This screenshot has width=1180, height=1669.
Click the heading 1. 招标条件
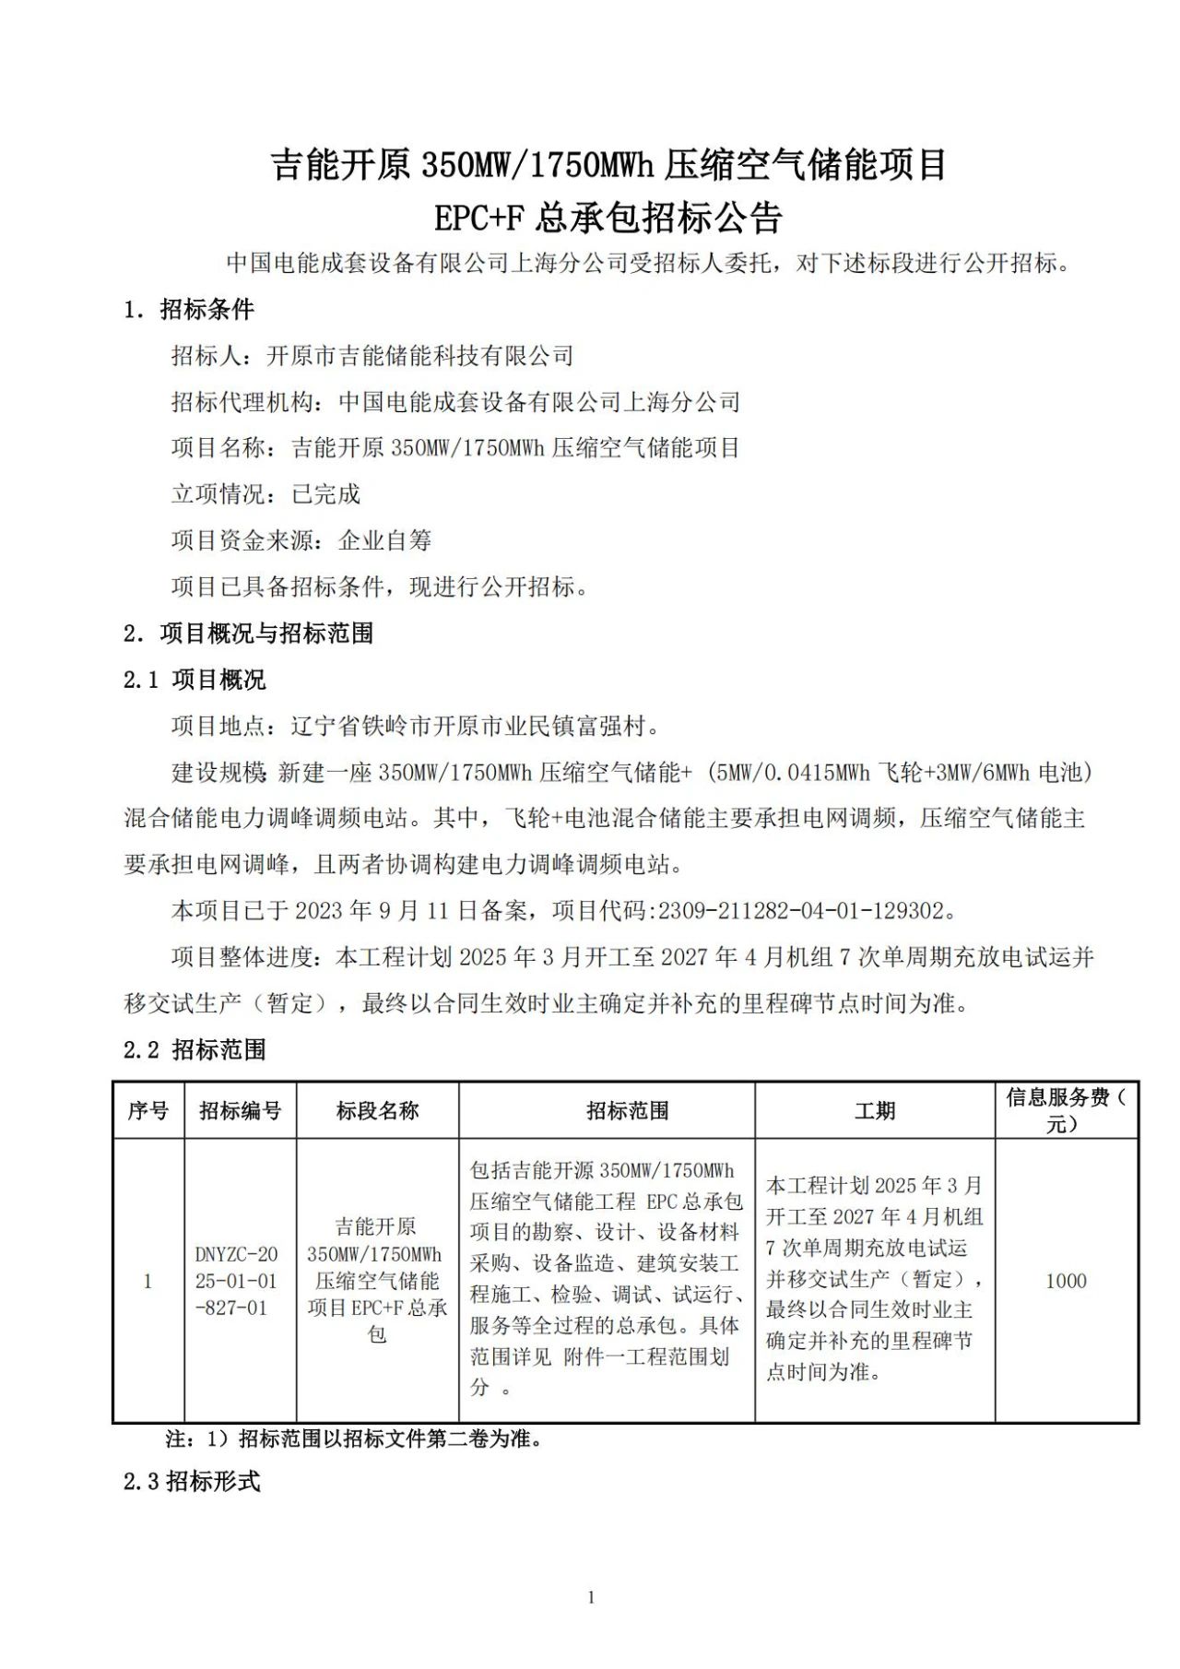tap(189, 310)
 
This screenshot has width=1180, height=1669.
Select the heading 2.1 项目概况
tap(195, 681)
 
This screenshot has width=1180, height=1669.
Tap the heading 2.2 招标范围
tap(195, 1049)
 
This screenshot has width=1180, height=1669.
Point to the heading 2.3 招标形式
tap(192, 1482)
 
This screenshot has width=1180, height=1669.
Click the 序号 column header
tap(148, 1110)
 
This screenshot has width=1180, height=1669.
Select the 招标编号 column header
tap(240, 1110)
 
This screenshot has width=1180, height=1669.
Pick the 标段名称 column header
tap(377, 1110)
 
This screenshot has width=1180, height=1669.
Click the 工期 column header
tap(874, 1110)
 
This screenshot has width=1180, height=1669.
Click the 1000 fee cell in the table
tap(1066, 1281)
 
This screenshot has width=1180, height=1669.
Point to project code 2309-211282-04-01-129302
tap(799, 911)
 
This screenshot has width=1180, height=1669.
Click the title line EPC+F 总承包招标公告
tap(608, 219)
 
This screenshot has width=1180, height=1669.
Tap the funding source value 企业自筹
tap(385, 540)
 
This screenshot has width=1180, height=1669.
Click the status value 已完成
tap(326, 494)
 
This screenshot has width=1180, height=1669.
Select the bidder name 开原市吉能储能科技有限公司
tap(419, 356)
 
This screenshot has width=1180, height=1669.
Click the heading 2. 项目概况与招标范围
tap(249, 633)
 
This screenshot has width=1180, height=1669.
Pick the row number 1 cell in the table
tap(148, 1281)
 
